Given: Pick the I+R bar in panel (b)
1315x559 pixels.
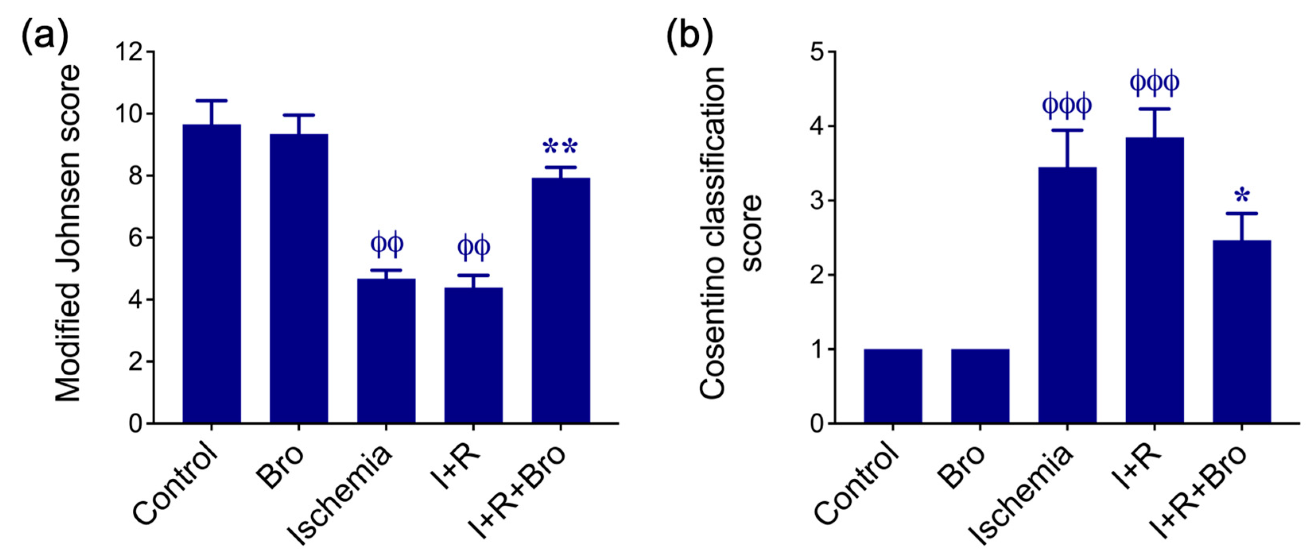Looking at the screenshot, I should pyautogui.click(x=1154, y=280).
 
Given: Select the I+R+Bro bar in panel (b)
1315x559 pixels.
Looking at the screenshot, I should pyautogui.click(x=1241, y=332).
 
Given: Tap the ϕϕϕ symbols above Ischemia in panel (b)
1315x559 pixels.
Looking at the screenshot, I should pyautogui.click(x=1067, y=106).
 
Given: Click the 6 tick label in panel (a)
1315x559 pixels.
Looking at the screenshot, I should pyautogui.click(x=135, y=238).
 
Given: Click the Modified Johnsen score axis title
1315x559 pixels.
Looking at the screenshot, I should pyautogui.click(x=68, y=234).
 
